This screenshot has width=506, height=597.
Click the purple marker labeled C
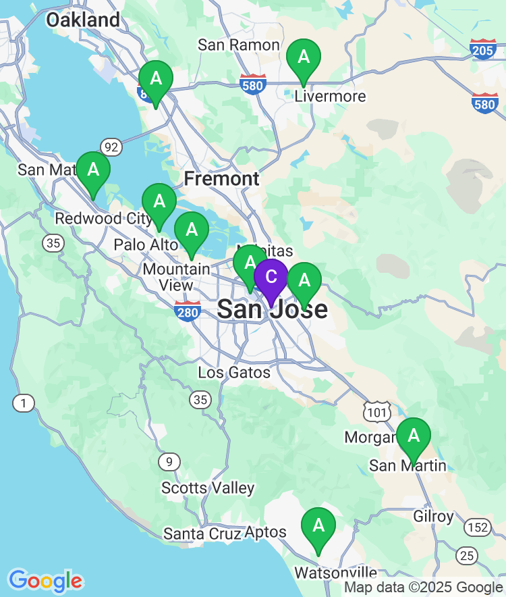[x=271, y=278]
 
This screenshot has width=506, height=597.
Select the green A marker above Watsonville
[x=318, y=525]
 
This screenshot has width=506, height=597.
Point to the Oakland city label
[x=82, y=20]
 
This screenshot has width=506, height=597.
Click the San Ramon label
[x=239, y=45]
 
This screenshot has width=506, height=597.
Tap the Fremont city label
[x=221, y=179]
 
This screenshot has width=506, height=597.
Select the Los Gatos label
[x=234, y=372]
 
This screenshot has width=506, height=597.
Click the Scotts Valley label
[x=208, y=488]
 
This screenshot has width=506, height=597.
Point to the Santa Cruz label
[x=202, y=534]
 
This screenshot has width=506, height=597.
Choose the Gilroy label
[x=433, y=517]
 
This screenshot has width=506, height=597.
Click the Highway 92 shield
[x=111, y=146]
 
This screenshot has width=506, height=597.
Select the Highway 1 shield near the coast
[x=24, y=403]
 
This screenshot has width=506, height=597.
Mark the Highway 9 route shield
[x=169, y=462]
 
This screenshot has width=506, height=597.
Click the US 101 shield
[x=376, y=411]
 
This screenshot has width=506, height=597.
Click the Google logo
[x=45, y=580]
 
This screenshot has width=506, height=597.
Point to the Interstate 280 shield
[x=187, y=311]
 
